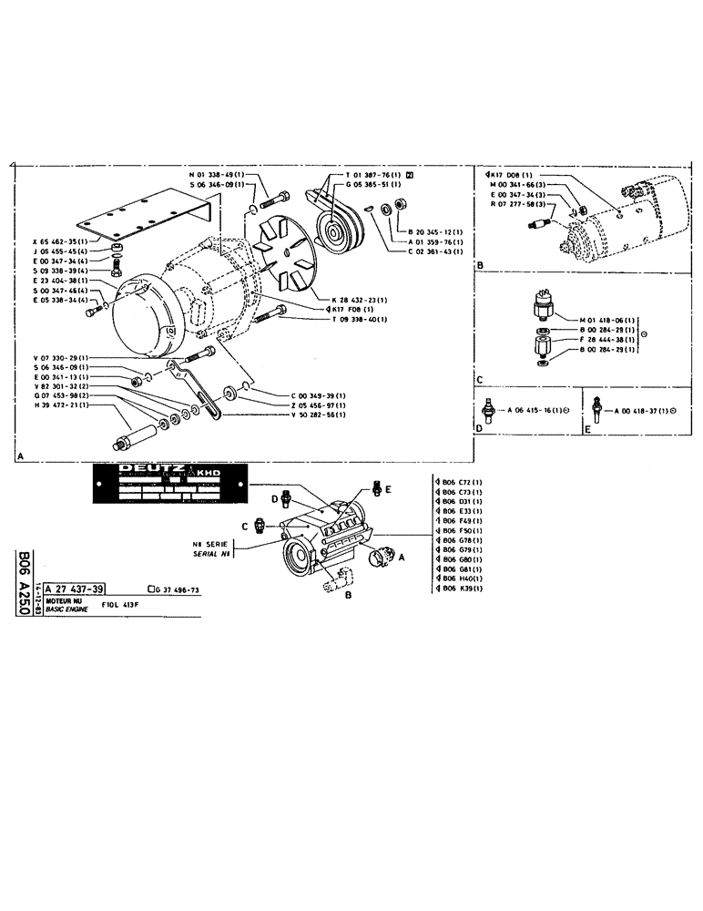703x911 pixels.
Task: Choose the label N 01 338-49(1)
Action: point(217,174)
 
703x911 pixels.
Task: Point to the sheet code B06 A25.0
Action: point(25,582)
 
